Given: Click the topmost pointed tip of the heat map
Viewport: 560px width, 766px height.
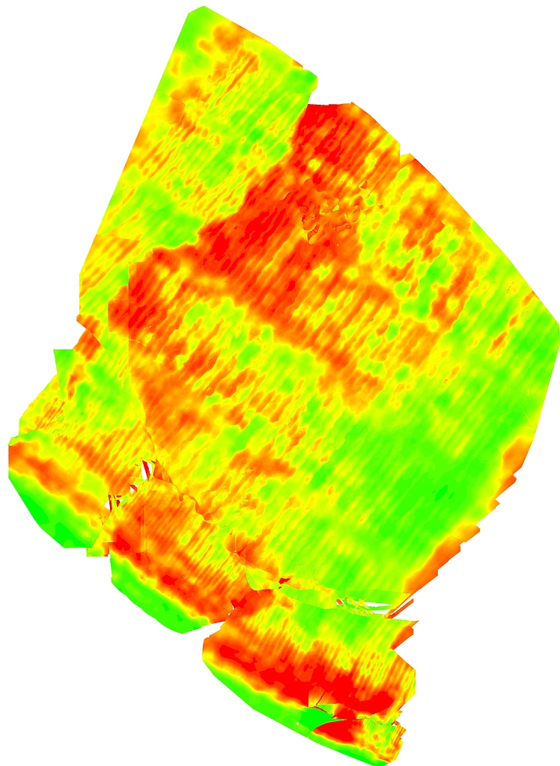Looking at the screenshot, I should (x=201, y=7).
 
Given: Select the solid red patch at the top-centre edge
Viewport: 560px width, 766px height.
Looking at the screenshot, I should (x=329, y=127).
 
